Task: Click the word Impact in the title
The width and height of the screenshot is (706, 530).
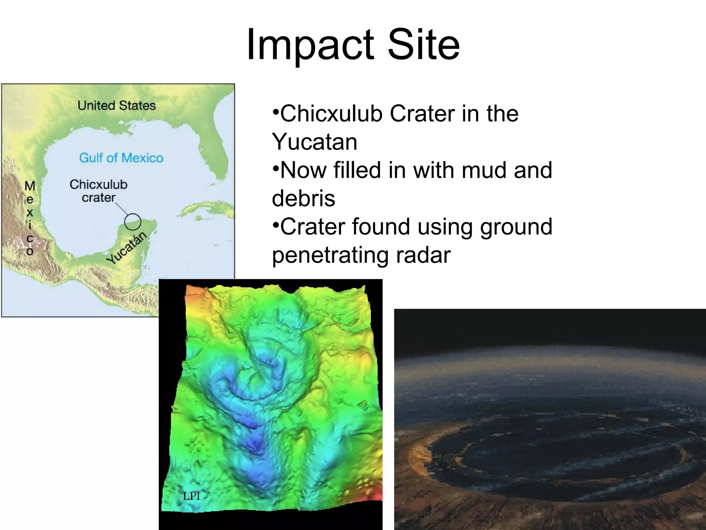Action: [x=310, y=45]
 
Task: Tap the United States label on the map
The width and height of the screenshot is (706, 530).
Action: [x=117, y=105]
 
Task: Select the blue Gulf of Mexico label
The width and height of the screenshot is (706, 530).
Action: [x=121, y=158]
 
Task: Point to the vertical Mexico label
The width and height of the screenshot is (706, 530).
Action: [x=30, y=218]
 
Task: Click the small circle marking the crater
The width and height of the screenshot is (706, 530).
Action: [x=132, y=222]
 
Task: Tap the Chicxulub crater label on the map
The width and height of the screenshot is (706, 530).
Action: [x=98, y=190]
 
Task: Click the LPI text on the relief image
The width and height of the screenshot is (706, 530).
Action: [x=191, y=496]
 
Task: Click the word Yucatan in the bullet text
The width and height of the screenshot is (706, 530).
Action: [x=314, y=142]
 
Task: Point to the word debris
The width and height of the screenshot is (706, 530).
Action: [x=303, y=198]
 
